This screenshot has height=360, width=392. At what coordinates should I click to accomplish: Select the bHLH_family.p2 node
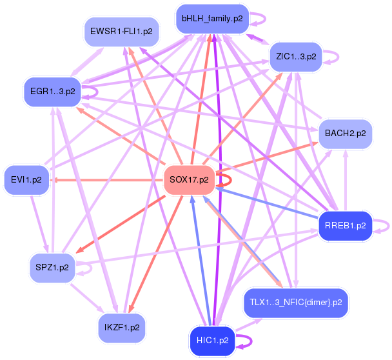(x=211, y=19)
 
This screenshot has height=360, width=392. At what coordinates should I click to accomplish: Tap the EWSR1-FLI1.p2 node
(x=121, y=31)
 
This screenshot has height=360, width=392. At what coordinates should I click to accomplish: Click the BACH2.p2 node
(x=346, y=134)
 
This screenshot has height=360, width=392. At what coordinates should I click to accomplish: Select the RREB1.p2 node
(x=346, y=226)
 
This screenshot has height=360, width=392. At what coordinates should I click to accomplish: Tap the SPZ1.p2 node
(x=53, y=266)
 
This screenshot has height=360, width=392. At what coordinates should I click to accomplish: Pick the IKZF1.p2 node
(x=122, y=327)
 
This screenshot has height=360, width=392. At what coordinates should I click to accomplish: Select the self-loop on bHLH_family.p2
(x=259, y=19)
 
